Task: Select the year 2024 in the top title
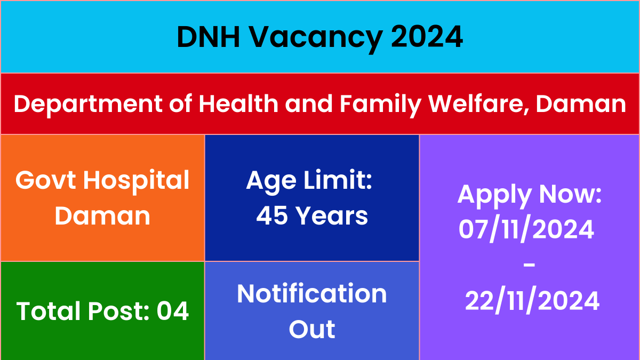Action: (427, 37)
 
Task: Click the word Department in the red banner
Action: (88, 105)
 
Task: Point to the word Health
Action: (238, 103)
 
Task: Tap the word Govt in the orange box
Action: (46, 180)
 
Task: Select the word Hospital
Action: (136, 182)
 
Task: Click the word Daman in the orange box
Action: (102, 216)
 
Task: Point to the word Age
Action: (271, 182)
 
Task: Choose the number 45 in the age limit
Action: (271, 215)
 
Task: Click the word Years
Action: (331, 215)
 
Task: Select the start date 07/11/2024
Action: (526, 229)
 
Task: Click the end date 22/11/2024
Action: (532, 301)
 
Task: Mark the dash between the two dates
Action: (529, 265)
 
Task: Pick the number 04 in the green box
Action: (173, 311)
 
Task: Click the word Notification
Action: (311, 294)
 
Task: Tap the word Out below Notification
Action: (311, 329)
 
